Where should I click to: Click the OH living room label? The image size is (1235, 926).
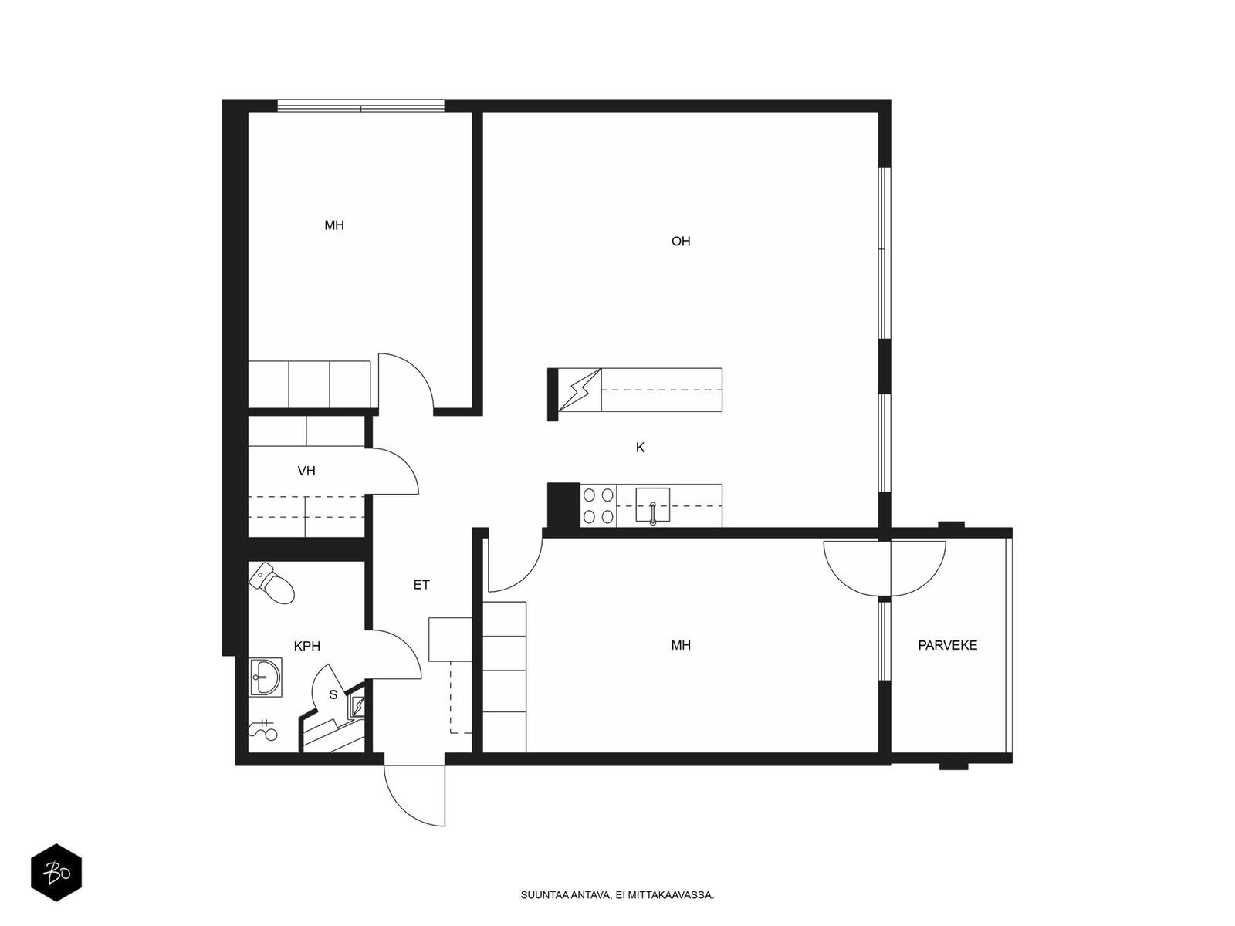coord(680,242)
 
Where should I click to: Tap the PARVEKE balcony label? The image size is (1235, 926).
coord(948,645)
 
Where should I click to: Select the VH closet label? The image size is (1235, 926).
coord(306,471)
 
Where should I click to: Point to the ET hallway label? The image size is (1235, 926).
coord(421,585)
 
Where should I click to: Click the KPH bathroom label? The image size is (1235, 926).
coord(307,646)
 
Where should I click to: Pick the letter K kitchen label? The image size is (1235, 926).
coord(640,448)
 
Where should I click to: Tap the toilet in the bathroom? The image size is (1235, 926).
coord(272,583)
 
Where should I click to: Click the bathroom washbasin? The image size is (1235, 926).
coord(265,678)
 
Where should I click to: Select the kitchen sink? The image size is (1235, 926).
coord(653,505)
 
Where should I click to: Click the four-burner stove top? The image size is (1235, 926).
coord(598,505)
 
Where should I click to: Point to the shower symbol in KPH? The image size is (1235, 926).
coord(262,730)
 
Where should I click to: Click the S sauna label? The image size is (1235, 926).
coord(333,695)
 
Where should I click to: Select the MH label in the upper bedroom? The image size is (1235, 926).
coord(334,225)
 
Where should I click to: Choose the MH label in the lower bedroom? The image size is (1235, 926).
coord(681,645)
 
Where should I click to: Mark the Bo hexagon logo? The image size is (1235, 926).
coord(56,872)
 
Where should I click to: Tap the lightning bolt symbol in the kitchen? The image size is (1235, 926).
coord(580,390)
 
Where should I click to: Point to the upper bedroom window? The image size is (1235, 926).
coord(360,106)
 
